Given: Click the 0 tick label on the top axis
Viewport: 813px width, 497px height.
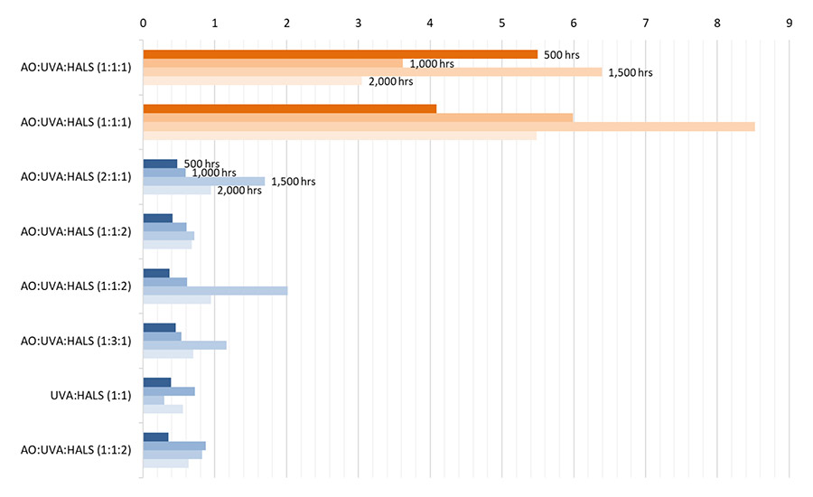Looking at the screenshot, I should click(x=143, y=21).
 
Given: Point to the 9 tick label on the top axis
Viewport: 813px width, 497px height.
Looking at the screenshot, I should click(x=790, y=21).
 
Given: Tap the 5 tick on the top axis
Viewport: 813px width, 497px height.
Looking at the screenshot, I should click(x=502, y=21).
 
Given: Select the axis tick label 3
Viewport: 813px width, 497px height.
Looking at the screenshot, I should click(x=359, y=21).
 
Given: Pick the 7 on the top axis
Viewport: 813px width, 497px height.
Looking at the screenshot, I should click(x=646, y=21).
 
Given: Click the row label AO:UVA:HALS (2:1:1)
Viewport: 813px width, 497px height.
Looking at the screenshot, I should click(x=76, y=177).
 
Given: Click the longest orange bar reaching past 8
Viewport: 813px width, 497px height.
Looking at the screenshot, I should click(x=449, y=127).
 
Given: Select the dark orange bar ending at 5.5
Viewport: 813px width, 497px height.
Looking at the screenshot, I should click(x=340, y=54).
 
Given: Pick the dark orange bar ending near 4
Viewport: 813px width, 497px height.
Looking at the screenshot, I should click(x=289, y=108).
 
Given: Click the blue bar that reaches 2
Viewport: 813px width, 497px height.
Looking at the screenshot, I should click(x=215, y=290).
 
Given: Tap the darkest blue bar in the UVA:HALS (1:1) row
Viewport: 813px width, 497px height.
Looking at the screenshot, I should click(x=157, y=382).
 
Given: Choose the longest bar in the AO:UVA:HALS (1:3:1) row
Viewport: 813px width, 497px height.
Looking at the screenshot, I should click(x=184, y=344).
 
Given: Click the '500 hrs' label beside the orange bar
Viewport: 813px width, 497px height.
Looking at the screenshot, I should click(x=560, y=54).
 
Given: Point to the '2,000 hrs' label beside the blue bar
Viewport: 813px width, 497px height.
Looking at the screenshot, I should click(x=238, y=191).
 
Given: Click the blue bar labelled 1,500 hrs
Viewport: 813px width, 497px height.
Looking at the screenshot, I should click(x=203, y=182).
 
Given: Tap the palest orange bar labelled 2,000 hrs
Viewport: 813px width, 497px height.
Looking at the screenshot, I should click(x=252, y=81).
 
